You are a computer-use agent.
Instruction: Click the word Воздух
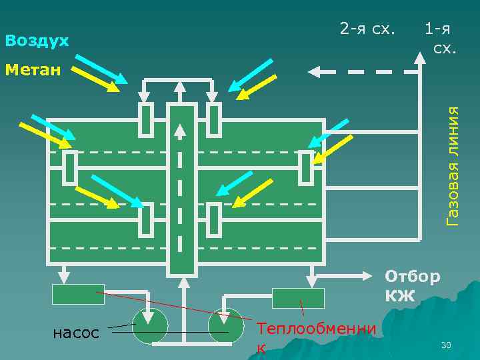click(x=37, y=41)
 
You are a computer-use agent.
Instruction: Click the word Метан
click(x=33, y=69)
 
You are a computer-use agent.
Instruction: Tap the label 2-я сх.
click(x=367, y=29)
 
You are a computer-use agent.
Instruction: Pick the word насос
click(x=77, y=331)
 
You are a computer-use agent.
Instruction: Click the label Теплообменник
click(x=315, y=337)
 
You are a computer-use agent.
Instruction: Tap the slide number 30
click(x=446, y=345)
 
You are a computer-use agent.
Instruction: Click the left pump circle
click(x=151, y=326)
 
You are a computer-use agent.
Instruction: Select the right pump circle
click(x=227, y=326)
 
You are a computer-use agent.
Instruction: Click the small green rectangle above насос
click(x=78, y=294)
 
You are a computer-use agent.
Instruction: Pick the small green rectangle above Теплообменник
click(x=298, y=297)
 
